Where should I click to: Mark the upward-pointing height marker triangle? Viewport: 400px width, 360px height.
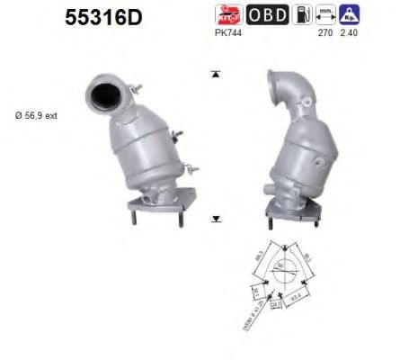[x=215, y=73]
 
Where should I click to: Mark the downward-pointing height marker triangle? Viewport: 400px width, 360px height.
[x=216, y=219]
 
